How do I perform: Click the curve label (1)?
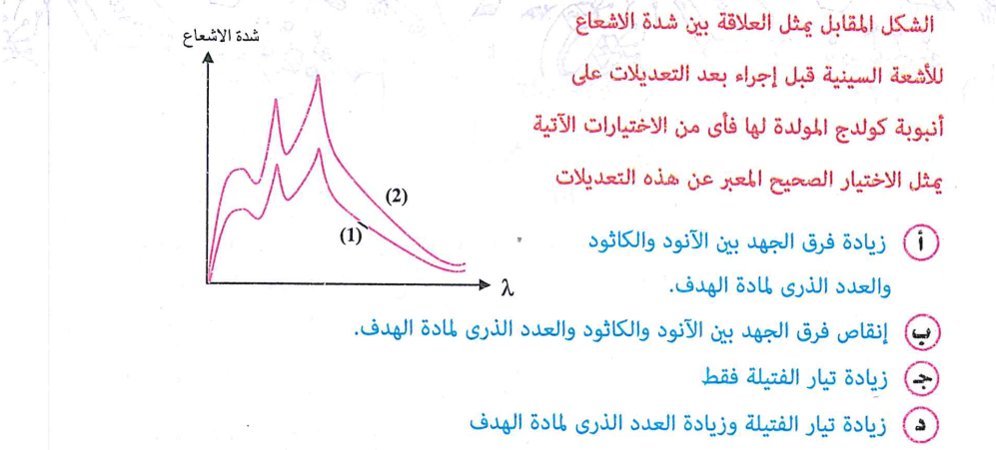(349, 238)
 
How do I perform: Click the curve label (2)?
(397, 198)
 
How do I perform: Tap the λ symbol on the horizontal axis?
(506, 287)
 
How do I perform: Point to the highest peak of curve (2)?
(318, 76)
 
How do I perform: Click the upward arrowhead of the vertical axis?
(209, 56)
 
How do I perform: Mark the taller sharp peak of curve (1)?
(319, 149)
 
